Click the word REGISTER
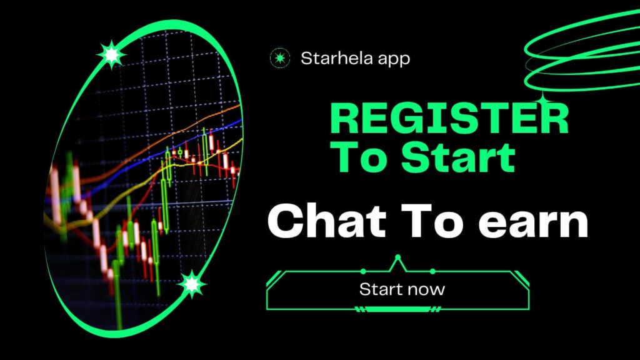[x=449, y=121]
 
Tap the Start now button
[x=401, y=289]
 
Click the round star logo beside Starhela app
[x=279, y=59]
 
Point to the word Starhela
[x=333, y=59]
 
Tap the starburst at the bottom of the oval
[x=192, y=285]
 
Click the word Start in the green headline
[x=458, y=157]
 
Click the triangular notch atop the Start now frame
[x=397, y=262]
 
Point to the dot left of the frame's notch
[x=363, y=271]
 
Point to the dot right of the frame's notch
[x=432, y=271]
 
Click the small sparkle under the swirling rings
[x=542, y=99]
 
